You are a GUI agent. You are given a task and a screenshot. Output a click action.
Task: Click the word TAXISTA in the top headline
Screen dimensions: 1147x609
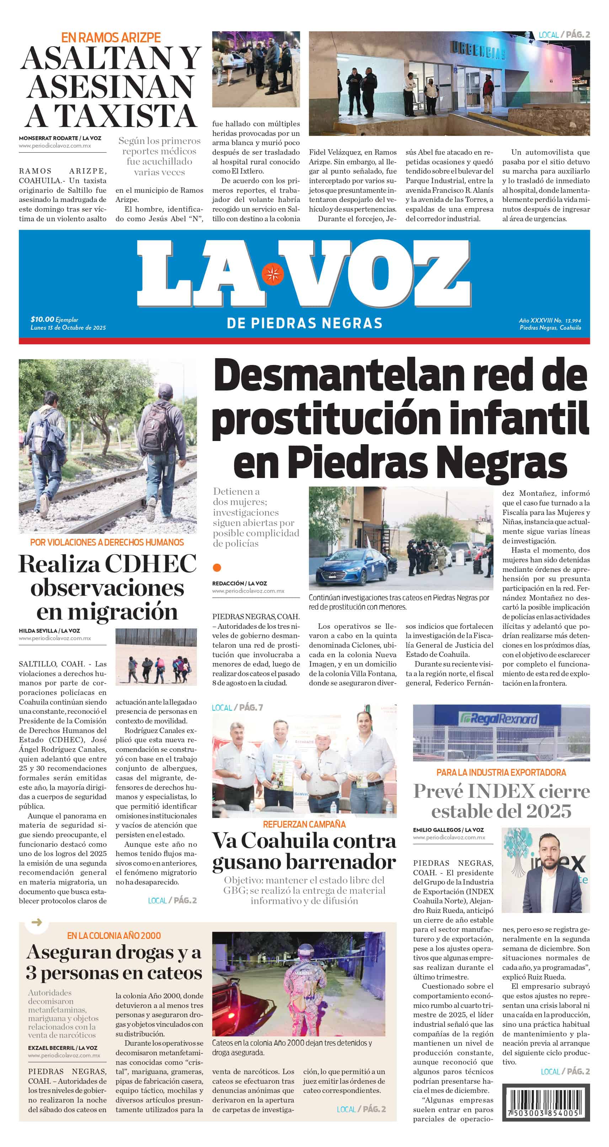pyautogui.click(x=128, y=116)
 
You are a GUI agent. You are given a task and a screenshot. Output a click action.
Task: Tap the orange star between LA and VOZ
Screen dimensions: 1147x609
pyautogui.click(x=272, y=274)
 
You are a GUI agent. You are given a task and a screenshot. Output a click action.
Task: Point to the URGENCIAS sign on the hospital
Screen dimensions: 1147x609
pyautogui.click(x=479, y=50)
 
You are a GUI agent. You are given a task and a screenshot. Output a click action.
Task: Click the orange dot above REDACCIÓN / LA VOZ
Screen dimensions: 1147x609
pyautogui.click(x=217, y=567)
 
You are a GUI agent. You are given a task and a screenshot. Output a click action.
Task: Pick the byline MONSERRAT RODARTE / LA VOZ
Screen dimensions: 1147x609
pyautogui.click(x=60, y=138)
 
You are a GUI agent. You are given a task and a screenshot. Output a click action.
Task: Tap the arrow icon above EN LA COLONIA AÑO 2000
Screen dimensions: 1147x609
pyautogui.click(x=37, y=922)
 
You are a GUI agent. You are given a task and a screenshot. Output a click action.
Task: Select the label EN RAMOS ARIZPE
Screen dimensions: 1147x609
pyautogui.click(x=111, y=37)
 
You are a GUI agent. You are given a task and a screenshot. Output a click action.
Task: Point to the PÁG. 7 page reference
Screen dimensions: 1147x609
pyautogui.click(x=251, y=707)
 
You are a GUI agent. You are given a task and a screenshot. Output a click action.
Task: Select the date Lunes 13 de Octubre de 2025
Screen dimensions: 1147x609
pyautogui.click(x=68, y=327)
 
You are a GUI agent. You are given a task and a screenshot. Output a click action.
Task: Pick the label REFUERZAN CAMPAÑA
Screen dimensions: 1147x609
pyautogui.click(x=304, y=824)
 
